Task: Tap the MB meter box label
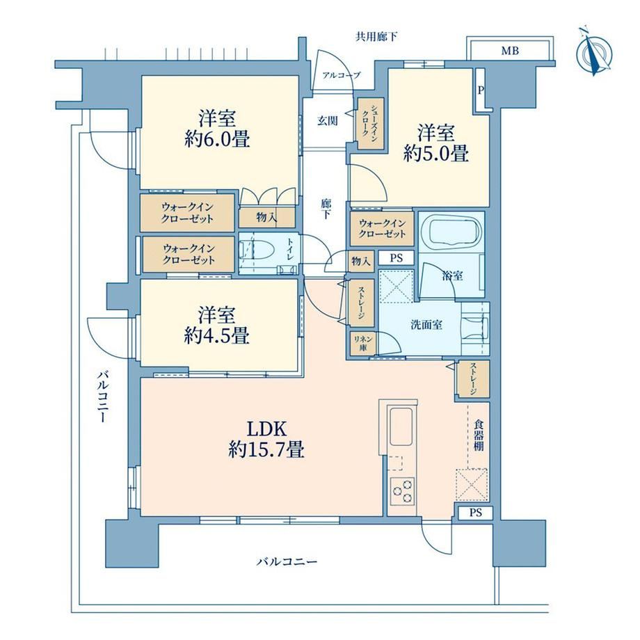(x=510, y=51)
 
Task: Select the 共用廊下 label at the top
(x=376, y=37)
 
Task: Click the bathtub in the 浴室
(x=450, y=231)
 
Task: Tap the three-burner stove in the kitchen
(x=402, y=490)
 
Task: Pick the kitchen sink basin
(x=401, y=426)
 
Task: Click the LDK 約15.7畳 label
(x=266, y=440)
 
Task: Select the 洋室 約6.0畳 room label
(x=217, y=129)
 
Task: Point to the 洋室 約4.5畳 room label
(x=217, y=326)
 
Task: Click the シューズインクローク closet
(x=371, y=123)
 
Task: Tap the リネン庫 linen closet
(x=362, y=343)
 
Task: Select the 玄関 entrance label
(x=328, y=121)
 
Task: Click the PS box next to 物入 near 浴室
(x=396, y=258)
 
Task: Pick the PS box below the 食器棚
(x=476, y=513)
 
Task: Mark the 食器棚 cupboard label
(x=479, y=435)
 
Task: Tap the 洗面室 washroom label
(x=426, y=325)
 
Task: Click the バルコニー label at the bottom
(x=287, y=562)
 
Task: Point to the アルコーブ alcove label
(x=342, y=75)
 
